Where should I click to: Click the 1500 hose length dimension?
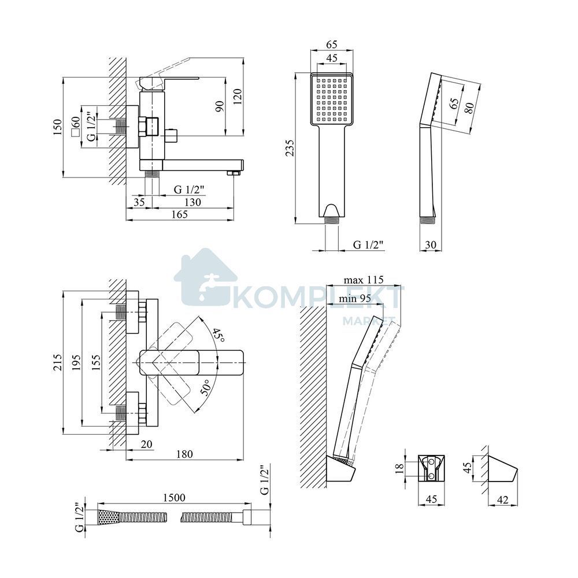(174, 497)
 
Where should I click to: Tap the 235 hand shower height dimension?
(291, 148)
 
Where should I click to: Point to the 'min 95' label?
(355, 298)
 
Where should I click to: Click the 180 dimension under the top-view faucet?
(184, 454)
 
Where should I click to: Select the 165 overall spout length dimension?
(180, 214)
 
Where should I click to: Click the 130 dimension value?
(192, 202)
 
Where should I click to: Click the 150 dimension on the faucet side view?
(57, 127)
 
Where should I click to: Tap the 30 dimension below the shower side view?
(430, 244)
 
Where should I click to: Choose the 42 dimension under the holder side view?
(502, 500)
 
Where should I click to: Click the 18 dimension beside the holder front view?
(399, 469)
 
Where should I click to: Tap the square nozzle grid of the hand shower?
(331, 100)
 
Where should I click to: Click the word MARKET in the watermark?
(369, 321)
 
